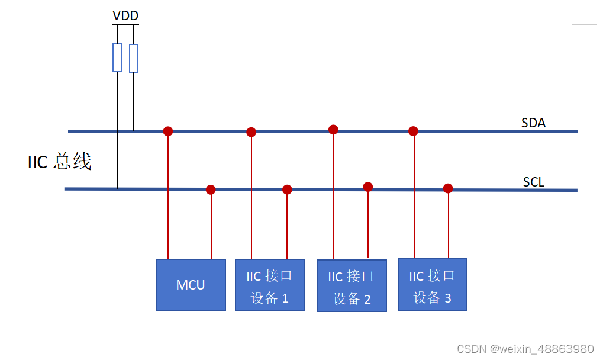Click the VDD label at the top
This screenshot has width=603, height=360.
coord(125,16)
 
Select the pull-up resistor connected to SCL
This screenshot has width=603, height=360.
coord(117,57)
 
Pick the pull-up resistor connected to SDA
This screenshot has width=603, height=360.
coord(134,58)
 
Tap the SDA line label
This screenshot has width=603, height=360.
coord(533,123)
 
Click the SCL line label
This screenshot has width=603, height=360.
coord(533,182)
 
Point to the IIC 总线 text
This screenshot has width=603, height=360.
coord(60,162)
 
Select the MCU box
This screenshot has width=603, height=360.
coord(191,285)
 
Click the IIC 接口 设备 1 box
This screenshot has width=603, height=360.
coord(269,285)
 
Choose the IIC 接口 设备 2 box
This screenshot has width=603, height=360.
coord(352,285)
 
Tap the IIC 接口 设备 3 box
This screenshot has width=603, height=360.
coord(432,284)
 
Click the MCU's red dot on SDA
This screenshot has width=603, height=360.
coord(168,131)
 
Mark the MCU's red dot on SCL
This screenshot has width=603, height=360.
coord(211,189)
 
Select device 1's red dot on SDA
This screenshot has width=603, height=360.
coord(251,132)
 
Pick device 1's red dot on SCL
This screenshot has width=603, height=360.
coord(287,189)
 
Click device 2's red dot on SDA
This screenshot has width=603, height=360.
coord(333,129)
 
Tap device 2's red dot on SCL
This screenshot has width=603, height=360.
coord(368,187)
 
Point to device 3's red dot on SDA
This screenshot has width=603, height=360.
coord(413,131)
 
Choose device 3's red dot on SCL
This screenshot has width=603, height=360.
coord(448,188)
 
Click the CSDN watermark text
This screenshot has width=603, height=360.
coord(525,349)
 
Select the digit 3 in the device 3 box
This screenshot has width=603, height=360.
coord(447,298)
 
